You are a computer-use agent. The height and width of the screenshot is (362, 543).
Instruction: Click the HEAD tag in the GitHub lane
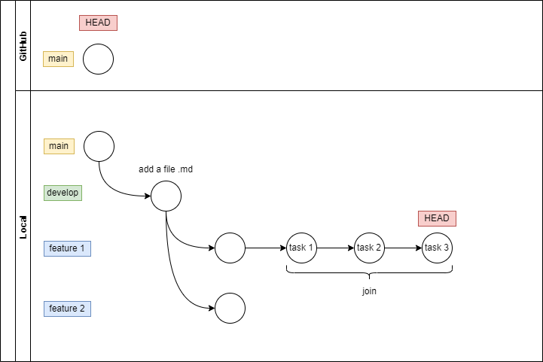98,23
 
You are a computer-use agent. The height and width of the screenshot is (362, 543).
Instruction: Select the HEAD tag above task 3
437,218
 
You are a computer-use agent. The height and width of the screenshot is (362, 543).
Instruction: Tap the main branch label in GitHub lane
58,59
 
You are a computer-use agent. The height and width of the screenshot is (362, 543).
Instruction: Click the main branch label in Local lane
59,146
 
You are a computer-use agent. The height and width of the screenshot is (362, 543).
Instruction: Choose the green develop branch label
63,193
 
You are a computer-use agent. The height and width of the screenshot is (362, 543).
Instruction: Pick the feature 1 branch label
67,248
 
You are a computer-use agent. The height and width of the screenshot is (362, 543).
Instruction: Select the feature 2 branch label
67,309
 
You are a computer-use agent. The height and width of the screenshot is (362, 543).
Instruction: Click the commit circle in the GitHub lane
98,59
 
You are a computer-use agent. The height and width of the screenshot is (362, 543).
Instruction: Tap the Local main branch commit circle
99,146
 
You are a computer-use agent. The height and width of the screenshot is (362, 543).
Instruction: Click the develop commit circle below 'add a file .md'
166,197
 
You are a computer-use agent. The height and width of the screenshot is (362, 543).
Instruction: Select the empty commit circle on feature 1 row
230,248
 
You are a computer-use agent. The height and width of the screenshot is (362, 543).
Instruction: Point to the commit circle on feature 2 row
230,308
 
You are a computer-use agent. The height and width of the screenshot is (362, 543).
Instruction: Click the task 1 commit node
301,248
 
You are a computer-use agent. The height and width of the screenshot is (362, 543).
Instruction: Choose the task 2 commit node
369,248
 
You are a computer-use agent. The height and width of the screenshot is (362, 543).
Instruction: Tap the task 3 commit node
437,248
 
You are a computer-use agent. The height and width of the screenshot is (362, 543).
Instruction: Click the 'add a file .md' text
166,169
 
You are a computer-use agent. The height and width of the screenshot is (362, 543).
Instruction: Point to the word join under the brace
369,291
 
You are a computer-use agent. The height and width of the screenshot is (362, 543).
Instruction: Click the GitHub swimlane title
23,46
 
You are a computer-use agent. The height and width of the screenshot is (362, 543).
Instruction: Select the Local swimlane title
23,227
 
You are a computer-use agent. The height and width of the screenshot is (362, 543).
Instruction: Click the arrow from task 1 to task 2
335,248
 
